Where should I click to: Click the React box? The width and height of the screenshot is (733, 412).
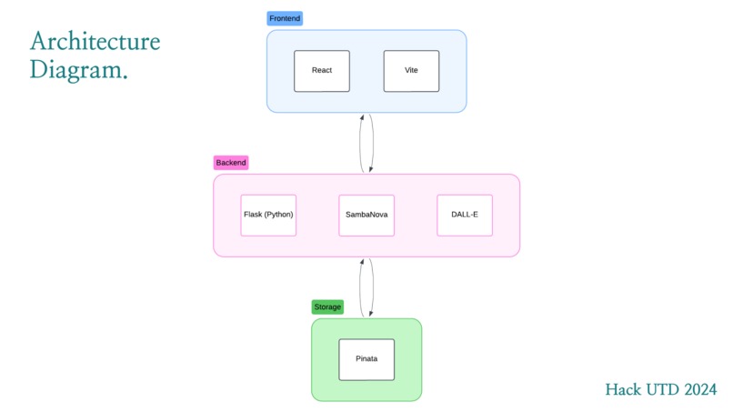[322, 71]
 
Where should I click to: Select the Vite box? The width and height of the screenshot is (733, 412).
[411, 71]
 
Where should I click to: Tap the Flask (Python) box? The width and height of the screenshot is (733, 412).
[268, 216]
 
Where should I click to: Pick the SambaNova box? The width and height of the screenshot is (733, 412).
[366, 216]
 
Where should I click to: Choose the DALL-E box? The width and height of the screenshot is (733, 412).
[465, 216]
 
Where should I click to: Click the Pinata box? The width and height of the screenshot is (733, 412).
[366, 359]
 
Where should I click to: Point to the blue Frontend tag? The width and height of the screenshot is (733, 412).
[285, 18]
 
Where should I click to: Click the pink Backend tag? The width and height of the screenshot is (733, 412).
[231, 163]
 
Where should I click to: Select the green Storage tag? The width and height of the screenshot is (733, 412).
[327, 306]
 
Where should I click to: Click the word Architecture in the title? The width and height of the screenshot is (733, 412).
[95, 41]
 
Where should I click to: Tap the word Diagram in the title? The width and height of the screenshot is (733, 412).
[75, 70]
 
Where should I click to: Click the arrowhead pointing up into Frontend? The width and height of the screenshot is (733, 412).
[362, 117]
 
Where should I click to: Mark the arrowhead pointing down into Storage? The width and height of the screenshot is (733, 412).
[371, 314]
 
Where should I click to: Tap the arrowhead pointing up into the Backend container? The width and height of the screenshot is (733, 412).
[362, 262]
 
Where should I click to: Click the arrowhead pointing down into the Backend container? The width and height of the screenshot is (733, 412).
[371, 169]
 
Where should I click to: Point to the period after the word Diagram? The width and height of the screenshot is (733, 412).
[125, 77]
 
